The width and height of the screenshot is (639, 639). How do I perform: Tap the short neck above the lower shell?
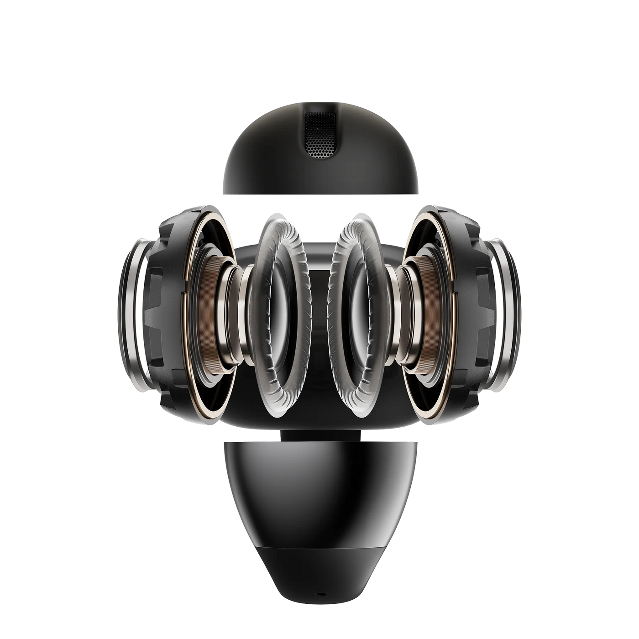pos(319,434)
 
